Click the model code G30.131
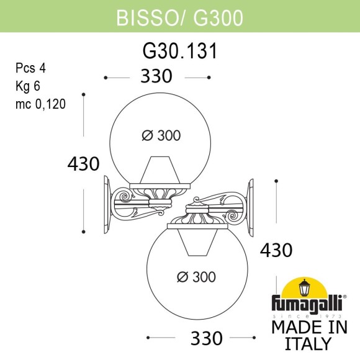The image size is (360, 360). [x=180, y=52]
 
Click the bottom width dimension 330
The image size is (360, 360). [x=205, y=338]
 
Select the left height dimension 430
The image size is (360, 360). [x=83, y=164]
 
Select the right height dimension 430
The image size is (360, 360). [x=275, y=250]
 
